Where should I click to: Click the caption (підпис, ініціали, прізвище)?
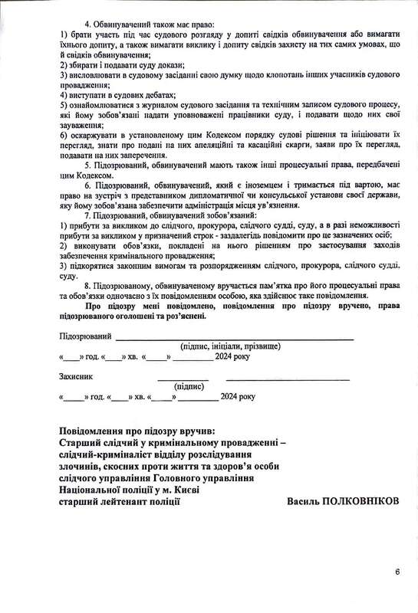(229, 347)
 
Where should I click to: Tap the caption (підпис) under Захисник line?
(189, 388)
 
